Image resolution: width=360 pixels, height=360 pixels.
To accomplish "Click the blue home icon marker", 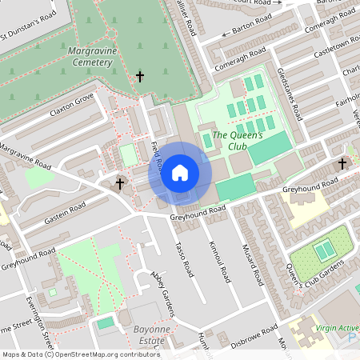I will click(x=180, y=172).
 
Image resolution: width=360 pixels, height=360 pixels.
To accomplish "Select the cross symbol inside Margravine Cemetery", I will click(x=140, y=77).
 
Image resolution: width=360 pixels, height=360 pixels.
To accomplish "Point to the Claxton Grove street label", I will click(x=70, y=104).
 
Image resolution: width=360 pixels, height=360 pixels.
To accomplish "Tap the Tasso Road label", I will click(x=184, y=258).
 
